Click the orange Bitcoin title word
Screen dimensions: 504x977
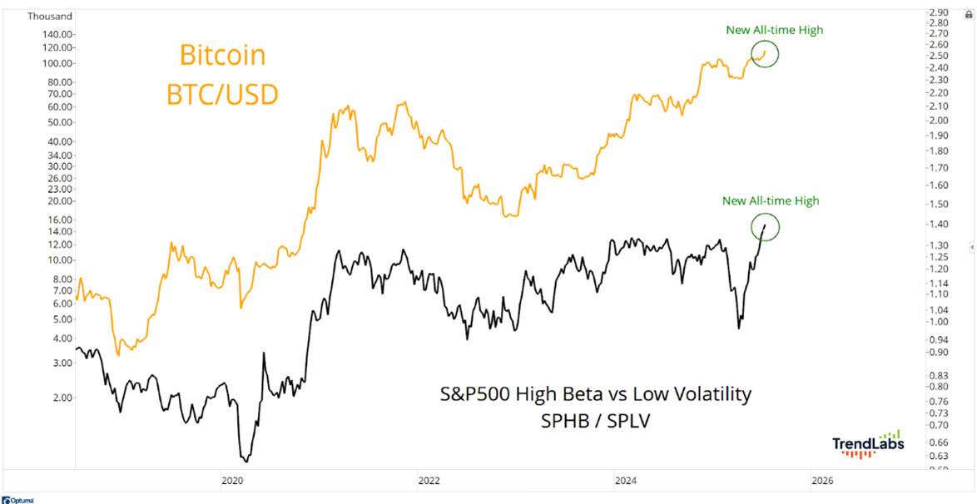click(x=223, y=56)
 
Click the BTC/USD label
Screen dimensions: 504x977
click(x=222, y=94)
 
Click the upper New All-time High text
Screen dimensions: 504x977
click(x=774, y=30)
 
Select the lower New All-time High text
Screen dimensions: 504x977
click(x=771, y=200)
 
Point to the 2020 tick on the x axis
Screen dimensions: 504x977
click(x=232, y=481)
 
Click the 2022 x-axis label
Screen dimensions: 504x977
click(x=429, y=481)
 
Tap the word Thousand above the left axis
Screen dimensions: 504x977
click(x=49, y=16)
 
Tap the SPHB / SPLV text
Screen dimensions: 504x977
click(x=595, y=422)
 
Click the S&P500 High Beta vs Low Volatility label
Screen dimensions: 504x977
click(x=595, y=393)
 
